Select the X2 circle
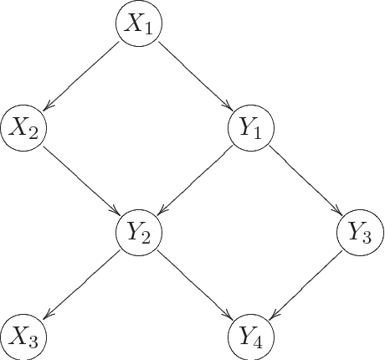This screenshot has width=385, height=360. [24, 128]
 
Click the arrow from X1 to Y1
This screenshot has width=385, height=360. [194, 76]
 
